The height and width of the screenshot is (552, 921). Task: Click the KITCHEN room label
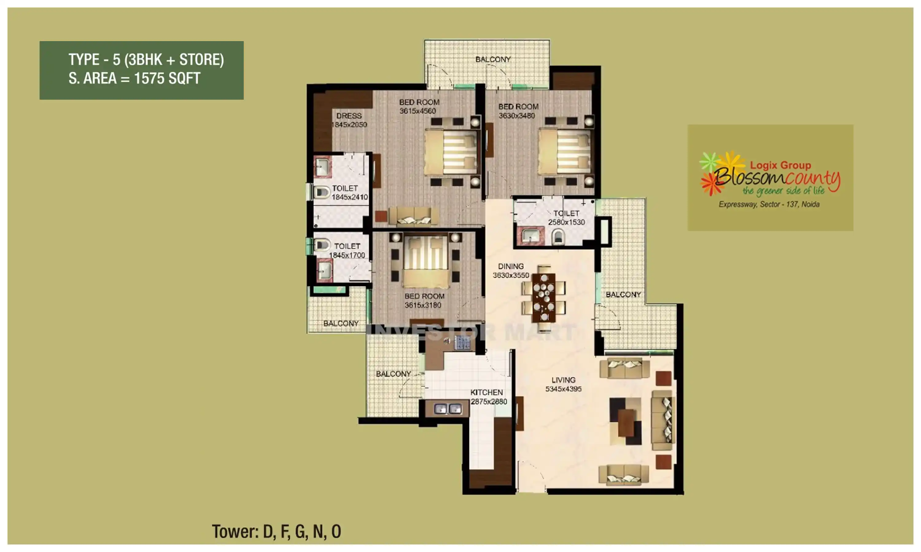(486, 393)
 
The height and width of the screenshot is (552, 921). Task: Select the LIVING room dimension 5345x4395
(563, 389)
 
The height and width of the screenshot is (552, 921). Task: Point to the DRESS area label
(349, 116)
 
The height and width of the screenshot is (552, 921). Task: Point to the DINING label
(511, 266)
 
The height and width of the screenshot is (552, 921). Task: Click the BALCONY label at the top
(493, 59)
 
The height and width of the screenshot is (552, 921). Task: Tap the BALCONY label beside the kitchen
(393, 374)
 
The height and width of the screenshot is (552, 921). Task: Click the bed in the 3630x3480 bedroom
(564, 152)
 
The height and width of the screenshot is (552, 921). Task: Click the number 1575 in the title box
(149, 79)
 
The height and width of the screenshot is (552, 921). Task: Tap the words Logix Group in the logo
(780, 165)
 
